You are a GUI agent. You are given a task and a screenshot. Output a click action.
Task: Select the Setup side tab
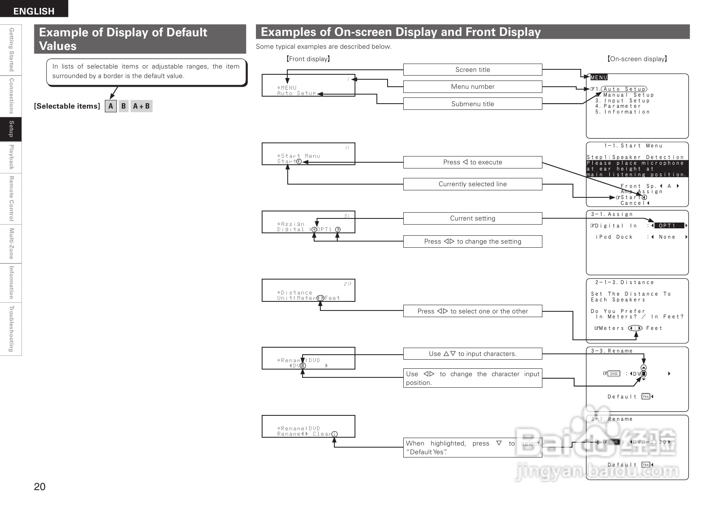coord(11,129)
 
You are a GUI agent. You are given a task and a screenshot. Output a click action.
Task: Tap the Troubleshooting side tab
coord(11,329)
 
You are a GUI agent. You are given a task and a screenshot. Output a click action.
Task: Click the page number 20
coord(40,486)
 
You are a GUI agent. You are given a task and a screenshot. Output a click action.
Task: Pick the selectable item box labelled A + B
coord(141,106)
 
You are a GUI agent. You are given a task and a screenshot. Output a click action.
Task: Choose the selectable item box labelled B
coord(123,106)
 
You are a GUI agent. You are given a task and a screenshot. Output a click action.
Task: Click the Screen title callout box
coord(472,70)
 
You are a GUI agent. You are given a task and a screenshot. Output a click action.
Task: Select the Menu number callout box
coord(472,87)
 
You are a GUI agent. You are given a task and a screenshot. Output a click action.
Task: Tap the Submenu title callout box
coord(472,104)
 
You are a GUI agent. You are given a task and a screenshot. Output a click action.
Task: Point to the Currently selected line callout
coord(472,184)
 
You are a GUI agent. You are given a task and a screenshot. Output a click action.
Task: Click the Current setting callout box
coord(472,218)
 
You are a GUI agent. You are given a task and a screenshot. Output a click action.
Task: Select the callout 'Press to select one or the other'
coord(472,311)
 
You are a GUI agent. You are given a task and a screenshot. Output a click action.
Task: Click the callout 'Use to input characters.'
coord(472,354)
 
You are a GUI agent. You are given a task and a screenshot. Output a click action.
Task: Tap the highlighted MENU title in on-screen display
coord(599,77)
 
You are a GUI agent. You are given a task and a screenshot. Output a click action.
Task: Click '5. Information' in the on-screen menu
coord(622,112)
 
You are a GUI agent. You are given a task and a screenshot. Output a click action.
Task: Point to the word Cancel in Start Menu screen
coord(633,203)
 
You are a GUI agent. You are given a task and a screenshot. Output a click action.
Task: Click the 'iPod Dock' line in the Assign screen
coord(614,237)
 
